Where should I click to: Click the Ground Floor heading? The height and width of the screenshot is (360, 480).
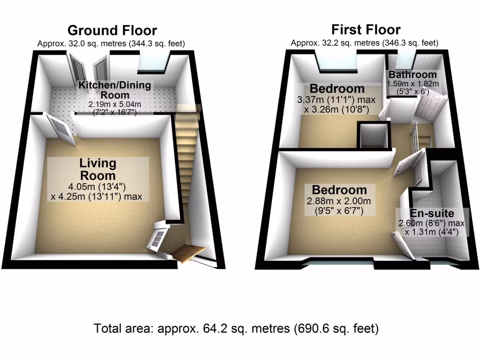point(112,30)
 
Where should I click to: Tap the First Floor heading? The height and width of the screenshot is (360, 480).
point(366,30)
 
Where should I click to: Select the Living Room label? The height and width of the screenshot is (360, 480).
point(97,169)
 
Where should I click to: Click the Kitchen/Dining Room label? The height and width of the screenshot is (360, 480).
point(115,90)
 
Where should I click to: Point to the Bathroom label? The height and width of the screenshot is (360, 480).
point(412,75)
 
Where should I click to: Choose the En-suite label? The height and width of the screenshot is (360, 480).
point(432,213)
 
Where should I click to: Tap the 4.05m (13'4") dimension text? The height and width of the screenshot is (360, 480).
point(97,186)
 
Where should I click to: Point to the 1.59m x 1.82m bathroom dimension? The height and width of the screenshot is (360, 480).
point(413,83)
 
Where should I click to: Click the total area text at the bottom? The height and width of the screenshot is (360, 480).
point(236,329)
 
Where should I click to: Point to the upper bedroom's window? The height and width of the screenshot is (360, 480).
point(338,63)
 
